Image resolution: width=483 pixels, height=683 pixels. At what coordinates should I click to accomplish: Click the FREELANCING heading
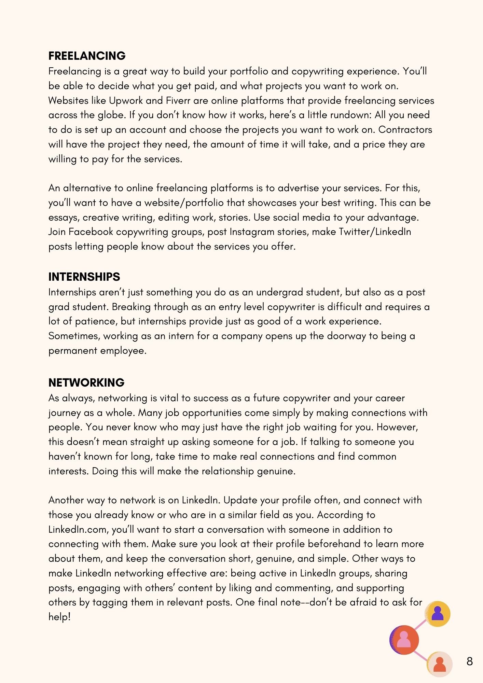[x=87, y=56]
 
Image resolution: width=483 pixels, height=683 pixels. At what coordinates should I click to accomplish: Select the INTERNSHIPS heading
[x=84, y=277]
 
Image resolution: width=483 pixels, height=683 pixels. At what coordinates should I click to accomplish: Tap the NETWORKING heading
[x=86, y=382]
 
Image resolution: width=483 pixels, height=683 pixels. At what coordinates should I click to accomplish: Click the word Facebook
[x=91, y=232]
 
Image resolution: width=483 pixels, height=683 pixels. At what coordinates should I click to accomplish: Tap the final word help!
[x=59, y=617]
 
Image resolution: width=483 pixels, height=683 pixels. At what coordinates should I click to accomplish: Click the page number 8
[x=470, y=661]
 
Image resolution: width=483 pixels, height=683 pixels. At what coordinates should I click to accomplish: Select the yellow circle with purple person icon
[x=438, y=614]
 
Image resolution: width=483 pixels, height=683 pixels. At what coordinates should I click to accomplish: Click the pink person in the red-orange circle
[x=404, y=640]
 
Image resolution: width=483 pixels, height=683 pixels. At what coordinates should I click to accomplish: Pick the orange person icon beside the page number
[x=440, y=664]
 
